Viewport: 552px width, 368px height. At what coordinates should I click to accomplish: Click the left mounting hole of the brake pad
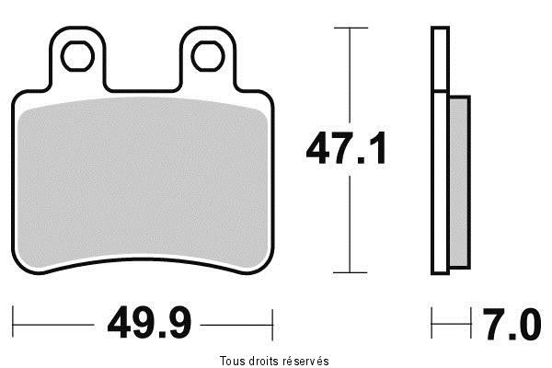tap(77, 57)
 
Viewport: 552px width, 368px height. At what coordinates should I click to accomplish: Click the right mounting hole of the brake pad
tap(207, 57)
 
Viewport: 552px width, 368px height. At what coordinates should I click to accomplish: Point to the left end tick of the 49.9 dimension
tap(15, 323)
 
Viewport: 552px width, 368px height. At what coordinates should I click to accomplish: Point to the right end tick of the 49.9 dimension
tap(273, 323)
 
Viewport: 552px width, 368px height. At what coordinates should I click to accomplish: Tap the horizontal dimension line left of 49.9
tap(55, 323)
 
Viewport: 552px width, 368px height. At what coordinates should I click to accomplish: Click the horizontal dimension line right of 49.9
tap(235, 323)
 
